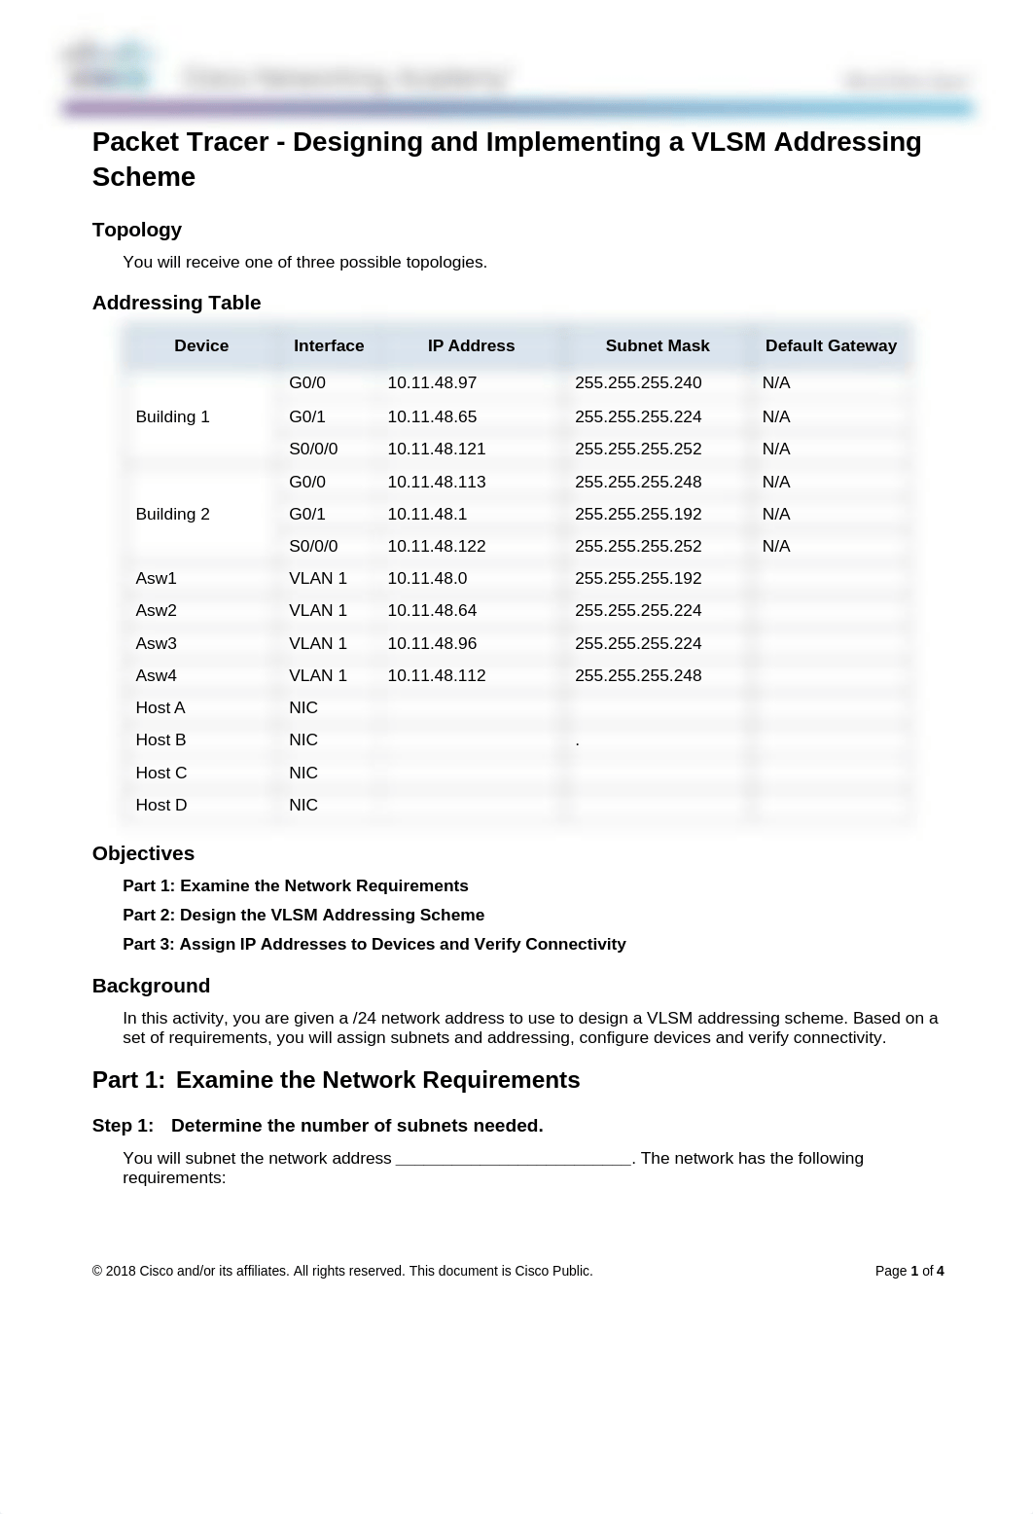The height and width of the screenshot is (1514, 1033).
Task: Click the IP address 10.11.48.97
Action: coord(432,383)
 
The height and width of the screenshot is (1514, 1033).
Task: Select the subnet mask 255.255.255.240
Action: coord(638,383)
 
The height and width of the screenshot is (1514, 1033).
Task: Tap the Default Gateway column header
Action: coord(831,346)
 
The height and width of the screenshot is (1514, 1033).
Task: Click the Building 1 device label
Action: coord(172,416)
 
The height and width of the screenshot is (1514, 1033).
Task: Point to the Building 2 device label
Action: coord(172,514)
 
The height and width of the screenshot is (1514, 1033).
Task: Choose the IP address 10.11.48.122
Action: coord(436,547)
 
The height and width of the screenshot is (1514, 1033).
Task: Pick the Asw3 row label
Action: coord(156,643)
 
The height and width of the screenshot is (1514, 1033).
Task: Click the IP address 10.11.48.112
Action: coord(436,675)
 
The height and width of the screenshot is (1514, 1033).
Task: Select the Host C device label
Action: coord(160,773)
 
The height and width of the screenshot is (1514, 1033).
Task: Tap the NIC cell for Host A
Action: coord(303,708)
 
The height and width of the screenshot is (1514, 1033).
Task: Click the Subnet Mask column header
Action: coord(657,346)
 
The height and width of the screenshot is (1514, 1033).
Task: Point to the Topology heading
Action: coord(137,230)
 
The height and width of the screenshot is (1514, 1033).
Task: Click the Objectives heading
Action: coord(143,853)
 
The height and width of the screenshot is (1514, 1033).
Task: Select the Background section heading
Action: coord(151,986)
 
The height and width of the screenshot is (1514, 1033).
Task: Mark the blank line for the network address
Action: coord(514,1159)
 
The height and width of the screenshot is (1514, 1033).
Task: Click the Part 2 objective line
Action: coord(303,915)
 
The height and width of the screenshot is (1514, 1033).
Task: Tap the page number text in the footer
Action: coord(908,1271)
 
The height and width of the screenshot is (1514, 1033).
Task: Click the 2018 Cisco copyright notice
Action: coord(342,1271)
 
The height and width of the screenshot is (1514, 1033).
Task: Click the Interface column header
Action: coord(329,346)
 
